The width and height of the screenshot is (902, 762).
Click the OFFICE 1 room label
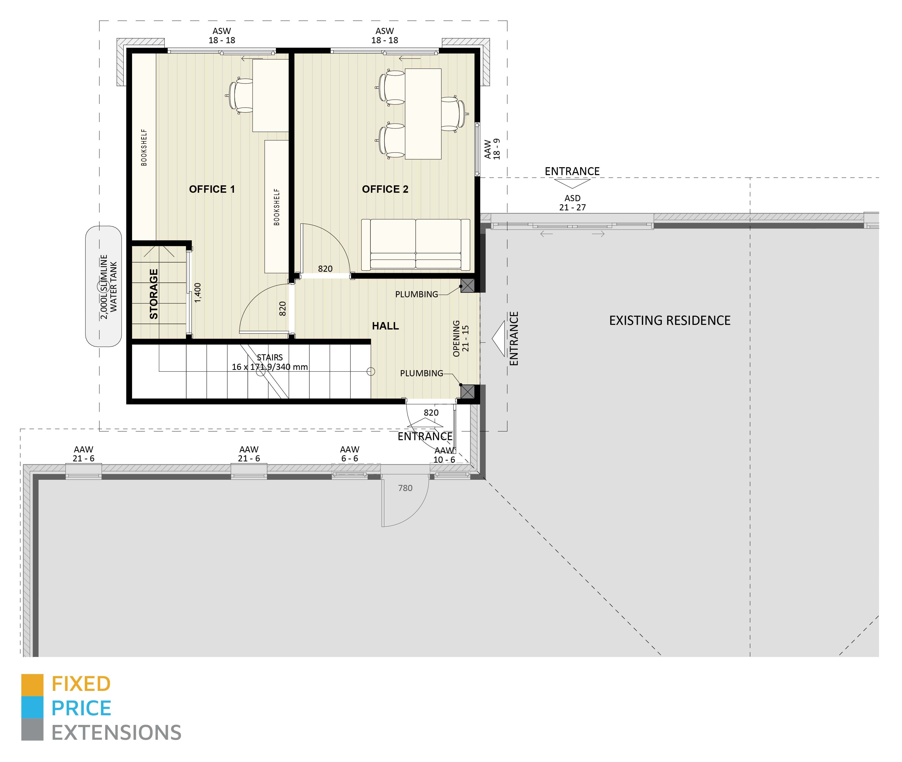pos(212,189)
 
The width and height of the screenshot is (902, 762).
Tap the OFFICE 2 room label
pos(385,189)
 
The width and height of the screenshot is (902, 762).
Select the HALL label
pos(385,326)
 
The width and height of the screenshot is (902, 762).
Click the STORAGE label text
pos(154,294)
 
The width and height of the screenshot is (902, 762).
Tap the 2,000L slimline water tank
pos(103,286)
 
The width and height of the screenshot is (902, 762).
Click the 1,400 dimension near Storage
pos(198,292)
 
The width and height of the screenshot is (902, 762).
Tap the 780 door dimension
pos(405,488)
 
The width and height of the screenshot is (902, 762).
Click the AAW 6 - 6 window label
pos(349,454)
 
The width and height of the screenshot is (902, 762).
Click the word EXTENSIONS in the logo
pos(116,733)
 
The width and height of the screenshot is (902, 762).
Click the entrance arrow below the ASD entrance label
pos(572,184)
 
